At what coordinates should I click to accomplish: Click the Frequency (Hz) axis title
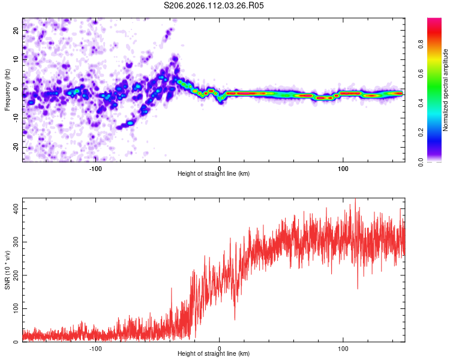[7, 89]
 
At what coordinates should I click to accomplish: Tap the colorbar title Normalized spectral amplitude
[446, 89]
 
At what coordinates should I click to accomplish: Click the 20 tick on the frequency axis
[16, 30]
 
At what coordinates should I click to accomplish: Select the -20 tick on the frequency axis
[16, 147]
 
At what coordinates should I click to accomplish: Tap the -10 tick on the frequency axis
[16, 118]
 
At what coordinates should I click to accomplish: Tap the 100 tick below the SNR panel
[343, 347]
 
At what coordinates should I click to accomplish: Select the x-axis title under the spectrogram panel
[214, 174]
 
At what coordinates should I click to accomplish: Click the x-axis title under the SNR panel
[214, 354]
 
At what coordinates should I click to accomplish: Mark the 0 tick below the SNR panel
[220, 347]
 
